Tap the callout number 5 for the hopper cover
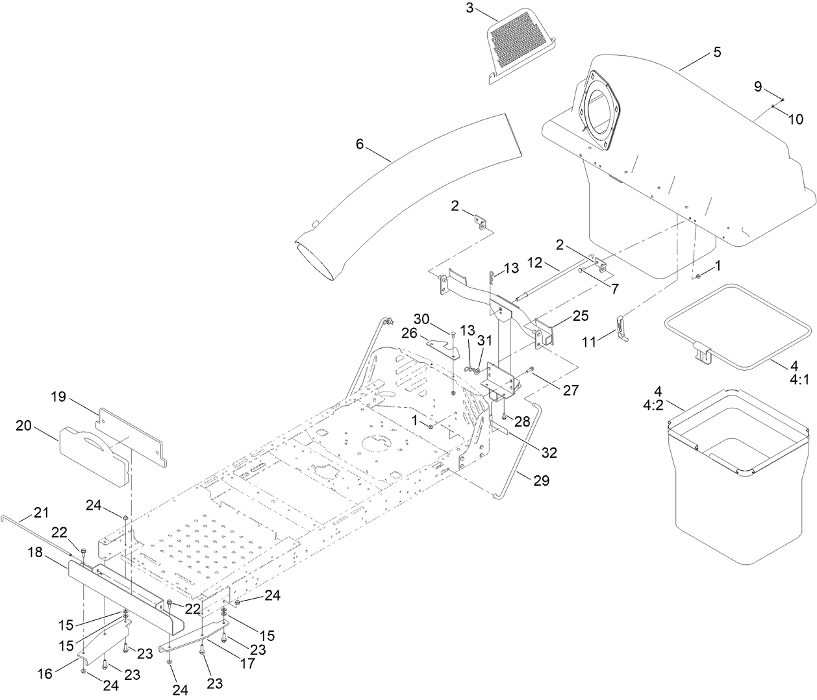tap(717, 53)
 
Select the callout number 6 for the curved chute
tap(359, 144)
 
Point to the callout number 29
tap(541, 481)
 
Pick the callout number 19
tap(59, 396)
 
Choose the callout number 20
tap(23, 425)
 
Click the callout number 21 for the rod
tap(41, 513)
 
